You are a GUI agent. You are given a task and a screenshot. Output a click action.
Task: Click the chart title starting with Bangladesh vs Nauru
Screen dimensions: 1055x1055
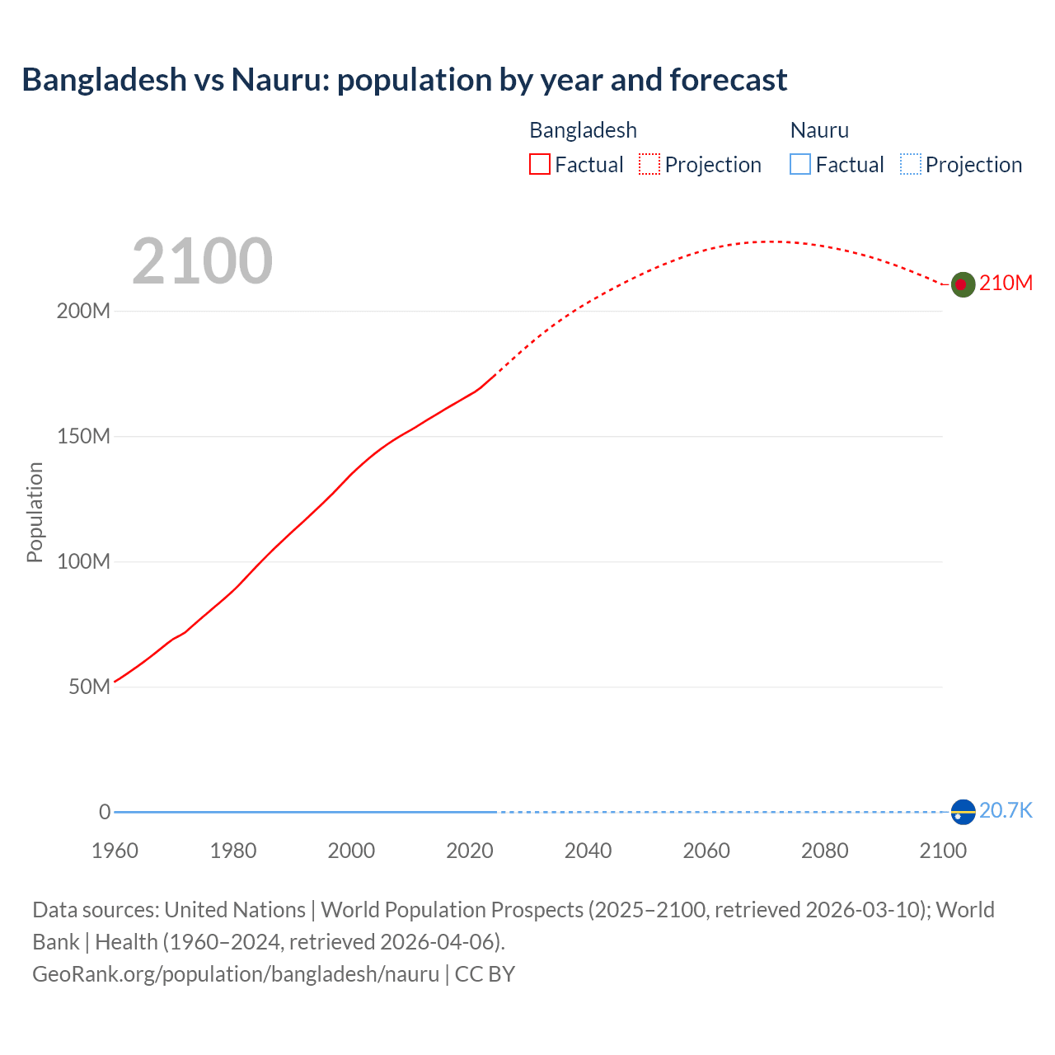[404, 80]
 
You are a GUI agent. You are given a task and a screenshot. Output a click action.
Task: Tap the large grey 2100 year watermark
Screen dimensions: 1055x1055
[202, 261]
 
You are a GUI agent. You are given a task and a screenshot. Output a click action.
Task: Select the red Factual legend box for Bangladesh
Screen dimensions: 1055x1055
[539, 165]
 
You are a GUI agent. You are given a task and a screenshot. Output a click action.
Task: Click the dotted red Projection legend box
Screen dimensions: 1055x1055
[649, 165]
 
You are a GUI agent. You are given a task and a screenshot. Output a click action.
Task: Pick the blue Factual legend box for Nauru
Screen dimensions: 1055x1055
[799, 165]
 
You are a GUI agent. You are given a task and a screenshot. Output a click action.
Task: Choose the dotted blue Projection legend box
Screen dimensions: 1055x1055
[910, 165]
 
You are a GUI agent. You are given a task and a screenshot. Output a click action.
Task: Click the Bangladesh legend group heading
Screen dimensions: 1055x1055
[583, 130]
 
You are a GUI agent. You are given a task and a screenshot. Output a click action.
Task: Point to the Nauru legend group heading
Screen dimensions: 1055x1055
[818, 130]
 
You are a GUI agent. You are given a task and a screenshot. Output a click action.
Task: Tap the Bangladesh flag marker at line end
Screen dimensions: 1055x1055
[963, 284]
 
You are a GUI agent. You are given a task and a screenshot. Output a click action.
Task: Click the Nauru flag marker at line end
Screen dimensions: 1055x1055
[963, 812]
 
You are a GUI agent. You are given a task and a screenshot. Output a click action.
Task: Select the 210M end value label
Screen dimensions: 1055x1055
[1006, 284]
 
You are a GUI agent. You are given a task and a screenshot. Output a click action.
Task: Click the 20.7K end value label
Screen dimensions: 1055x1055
[1006, 811]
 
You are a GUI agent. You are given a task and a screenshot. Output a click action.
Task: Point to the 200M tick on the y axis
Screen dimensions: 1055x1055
[83, 312]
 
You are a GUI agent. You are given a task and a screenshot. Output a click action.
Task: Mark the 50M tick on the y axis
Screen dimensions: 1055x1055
[89, 687]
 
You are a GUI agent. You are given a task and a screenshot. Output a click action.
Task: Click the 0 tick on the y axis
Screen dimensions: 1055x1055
[105, 812]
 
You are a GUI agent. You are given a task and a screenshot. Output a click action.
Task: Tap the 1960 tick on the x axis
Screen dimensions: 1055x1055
[115, 851]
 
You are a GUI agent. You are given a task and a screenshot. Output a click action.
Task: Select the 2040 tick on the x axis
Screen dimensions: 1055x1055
[588, 851]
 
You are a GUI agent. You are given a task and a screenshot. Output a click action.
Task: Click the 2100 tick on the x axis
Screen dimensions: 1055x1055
[942, 851]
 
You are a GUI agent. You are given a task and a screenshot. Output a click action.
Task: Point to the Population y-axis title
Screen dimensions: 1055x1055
[35, 512]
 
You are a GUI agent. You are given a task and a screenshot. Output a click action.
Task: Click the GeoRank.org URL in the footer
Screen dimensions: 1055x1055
[236, 974]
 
